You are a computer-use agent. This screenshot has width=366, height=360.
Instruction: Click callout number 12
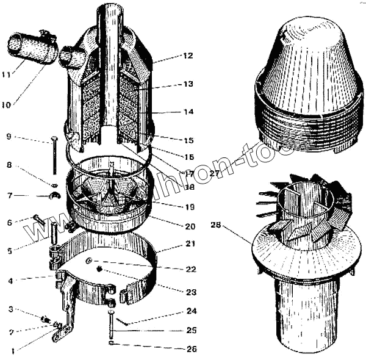187,56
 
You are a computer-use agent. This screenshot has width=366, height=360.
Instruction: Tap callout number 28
215,225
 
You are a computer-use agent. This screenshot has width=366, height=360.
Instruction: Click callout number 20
190,226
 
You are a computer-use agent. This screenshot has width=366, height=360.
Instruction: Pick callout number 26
192,349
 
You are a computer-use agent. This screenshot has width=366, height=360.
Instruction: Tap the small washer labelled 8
54,184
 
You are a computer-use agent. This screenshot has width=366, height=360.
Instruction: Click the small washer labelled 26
111,344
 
